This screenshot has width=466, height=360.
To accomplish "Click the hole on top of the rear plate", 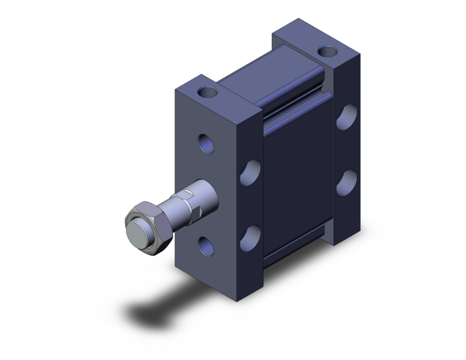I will (x=326, y=51).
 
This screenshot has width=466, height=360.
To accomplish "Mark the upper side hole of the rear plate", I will (x=346, y=117).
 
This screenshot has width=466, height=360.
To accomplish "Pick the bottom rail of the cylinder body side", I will (x=294, y=253).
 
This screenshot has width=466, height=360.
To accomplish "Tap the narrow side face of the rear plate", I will (x=348, y=150).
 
